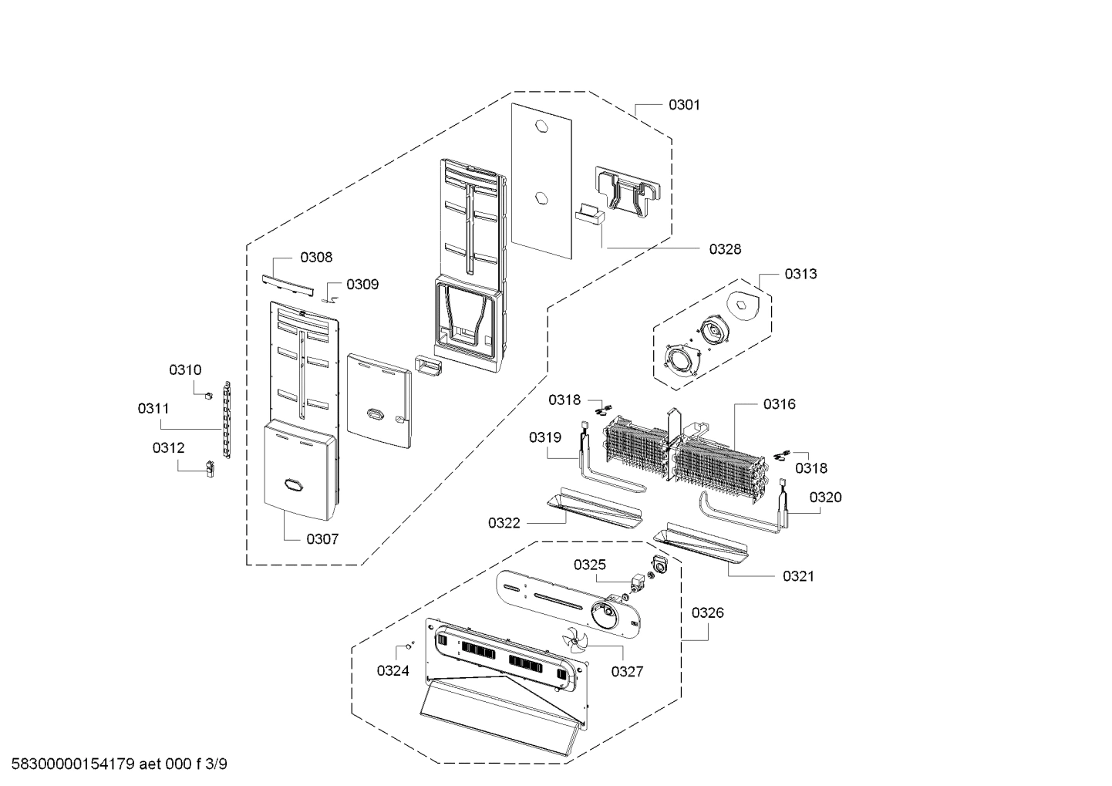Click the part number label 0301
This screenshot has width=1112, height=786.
point(684,105)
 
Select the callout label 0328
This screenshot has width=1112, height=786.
point(725,249)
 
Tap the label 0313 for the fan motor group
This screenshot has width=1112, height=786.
point(800,274)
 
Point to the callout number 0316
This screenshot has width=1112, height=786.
point(779,404)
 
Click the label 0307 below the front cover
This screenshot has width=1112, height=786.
point(322,539)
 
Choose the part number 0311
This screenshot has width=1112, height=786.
point(153,409)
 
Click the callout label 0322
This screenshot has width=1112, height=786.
point(504,524)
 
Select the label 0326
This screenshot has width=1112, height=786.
point(707,613)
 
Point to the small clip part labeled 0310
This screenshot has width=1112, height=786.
point(208,395)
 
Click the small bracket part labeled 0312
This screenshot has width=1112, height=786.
point(209,468)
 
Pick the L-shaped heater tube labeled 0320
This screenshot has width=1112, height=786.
point(740,515)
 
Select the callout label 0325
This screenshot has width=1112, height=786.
point(589,565)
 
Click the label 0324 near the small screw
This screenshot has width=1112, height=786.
point(393,671)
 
